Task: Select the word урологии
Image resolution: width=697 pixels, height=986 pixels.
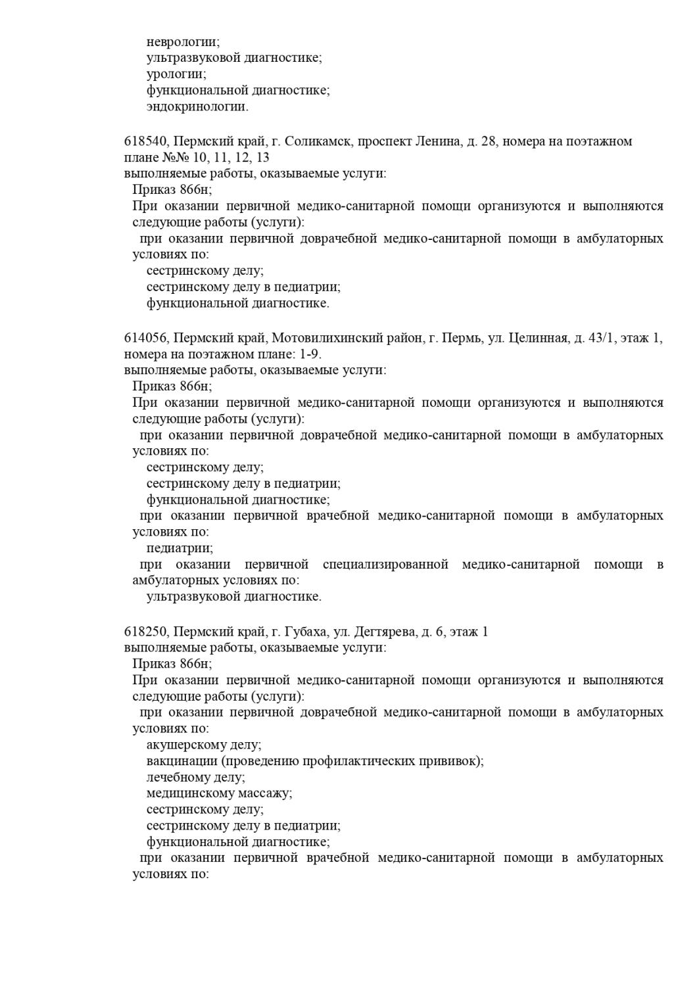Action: click(x=176, y=74)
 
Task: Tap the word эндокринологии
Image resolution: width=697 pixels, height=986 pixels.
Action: click(x=197, y=106)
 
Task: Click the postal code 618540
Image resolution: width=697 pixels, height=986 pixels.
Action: click(x=147, y=141)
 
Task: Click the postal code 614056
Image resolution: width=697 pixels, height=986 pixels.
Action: click(x=147, y=338)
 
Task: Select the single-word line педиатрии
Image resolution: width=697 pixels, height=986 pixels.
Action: click(x=180, y=548)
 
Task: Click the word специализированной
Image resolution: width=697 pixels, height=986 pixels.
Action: click(x=385, y=564)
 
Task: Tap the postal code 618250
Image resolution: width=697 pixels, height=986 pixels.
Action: click(x=147, y=632)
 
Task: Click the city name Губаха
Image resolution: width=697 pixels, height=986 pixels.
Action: click(x=305, y=632)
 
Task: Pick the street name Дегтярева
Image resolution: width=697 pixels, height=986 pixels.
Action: click(x=384, y=632)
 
